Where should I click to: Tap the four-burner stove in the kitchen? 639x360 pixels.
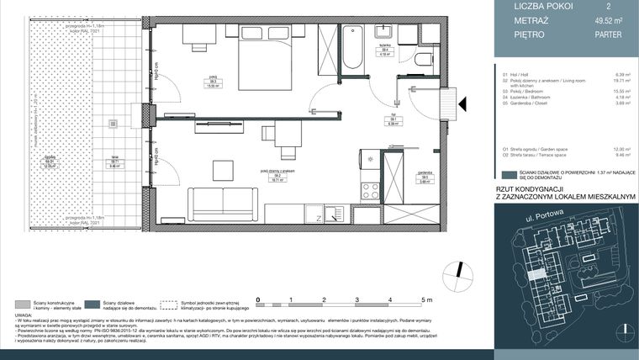(371, 190)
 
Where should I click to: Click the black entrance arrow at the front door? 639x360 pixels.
(460, 103)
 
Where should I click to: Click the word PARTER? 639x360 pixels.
(607, 34)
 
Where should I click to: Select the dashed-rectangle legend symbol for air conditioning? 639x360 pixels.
(172, 303)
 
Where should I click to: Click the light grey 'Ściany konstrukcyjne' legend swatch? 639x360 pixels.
(24, 303)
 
